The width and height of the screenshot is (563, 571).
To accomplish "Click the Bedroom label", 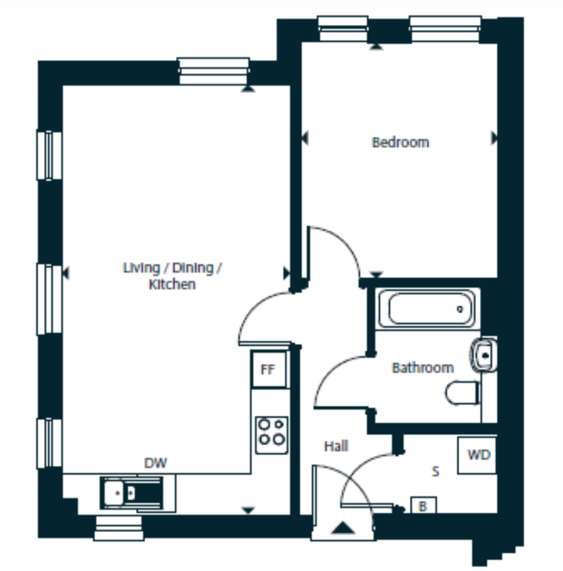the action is click(x=400, y=142).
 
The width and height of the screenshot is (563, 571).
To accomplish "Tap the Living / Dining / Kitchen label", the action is click(x=172, y=275).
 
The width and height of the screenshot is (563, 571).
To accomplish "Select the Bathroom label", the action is click(x=423, y=368).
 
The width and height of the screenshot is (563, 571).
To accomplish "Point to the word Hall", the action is click(x=336, y=446).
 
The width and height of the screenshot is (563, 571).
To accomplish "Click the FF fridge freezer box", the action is click(x=269, y=370).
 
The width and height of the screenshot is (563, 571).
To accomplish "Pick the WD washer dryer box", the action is click(x=477, y=455).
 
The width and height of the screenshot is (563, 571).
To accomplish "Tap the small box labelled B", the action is click(x=423, y=506).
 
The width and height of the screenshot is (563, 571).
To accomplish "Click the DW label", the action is click(x=155, y=463).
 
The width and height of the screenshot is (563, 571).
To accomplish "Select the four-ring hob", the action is click(x=272, y=435).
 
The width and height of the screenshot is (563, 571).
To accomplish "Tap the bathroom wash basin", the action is click(x=483, y=355).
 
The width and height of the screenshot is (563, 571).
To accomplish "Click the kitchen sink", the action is click(x=132, y=493).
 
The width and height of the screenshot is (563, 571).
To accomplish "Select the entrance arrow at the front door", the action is click(x=343, y=528).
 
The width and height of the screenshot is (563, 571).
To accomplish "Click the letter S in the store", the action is click(x=436, y=471).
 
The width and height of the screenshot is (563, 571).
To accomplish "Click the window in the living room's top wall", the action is click(x=214, y=71).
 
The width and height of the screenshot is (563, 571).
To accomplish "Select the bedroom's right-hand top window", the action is click(x=446, y=29).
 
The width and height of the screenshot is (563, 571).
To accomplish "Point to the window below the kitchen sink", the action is click(x=118, y=528).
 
